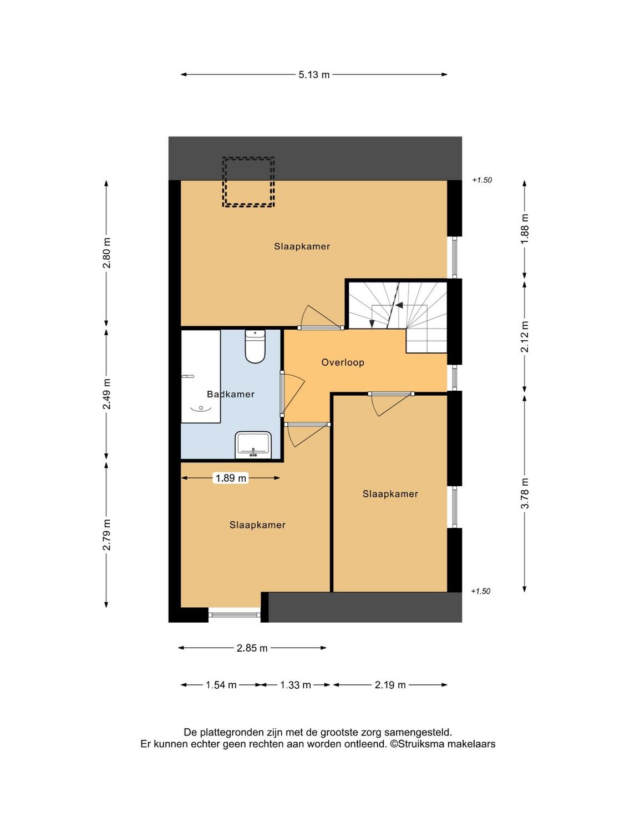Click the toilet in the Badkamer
[x=255, y=346]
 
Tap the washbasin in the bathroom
[x=253, y=445]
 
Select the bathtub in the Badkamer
[x=201, y=376]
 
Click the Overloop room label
[x=343, y=362]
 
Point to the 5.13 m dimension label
[x=314, y=75]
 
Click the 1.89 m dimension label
[x=231, y=478]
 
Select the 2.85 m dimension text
[x=252, y=648]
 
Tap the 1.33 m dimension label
[x=295, y=685]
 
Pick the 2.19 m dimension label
[x=390, y=685]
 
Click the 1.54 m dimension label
[x=221, y=685]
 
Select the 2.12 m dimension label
[x=524, y=336]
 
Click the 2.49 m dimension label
[x=106, y=394]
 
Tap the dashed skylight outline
[x=248, y=182]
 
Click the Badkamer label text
[x=231, y=394]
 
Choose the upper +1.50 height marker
[x=482, y=180]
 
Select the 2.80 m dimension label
[x=106, y=253]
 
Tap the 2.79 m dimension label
[x=106, y=535]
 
